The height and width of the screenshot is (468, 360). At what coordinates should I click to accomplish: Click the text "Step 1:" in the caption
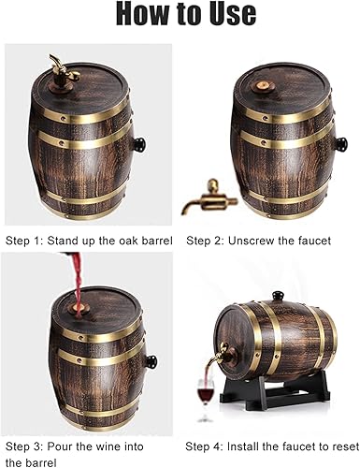coord(23,241)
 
